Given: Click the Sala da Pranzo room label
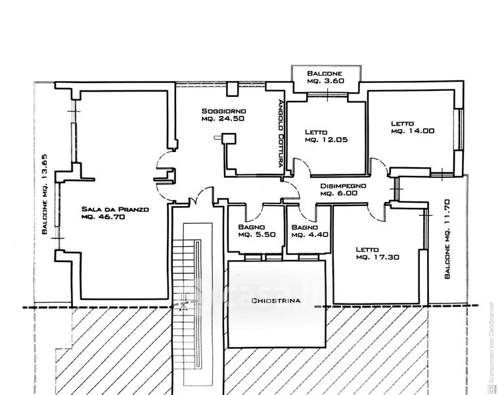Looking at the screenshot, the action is point(115,209).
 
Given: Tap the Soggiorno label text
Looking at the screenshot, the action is point(224,111).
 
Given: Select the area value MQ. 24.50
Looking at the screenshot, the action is point(223,118).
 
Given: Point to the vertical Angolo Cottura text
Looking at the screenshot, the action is point(280,134).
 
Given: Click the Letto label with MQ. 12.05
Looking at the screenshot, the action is point(316,132).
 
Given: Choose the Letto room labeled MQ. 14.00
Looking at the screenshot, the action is point(402,124).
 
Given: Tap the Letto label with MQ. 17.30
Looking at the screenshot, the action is point(367,250).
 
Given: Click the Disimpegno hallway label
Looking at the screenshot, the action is point(343,186).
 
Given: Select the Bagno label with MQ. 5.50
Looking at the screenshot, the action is point(252,227).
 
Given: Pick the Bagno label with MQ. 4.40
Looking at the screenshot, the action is point(305,227).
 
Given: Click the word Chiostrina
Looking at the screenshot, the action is point(276,300).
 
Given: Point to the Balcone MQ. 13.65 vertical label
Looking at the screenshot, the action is point(45,194).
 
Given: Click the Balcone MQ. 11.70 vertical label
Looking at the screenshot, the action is point(447,239).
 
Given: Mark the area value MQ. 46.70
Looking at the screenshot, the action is point(103,217).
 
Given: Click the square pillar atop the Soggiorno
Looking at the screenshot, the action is point(232,89).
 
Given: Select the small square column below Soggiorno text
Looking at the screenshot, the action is point(229,138).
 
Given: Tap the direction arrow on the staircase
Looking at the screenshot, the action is point(183,306).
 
